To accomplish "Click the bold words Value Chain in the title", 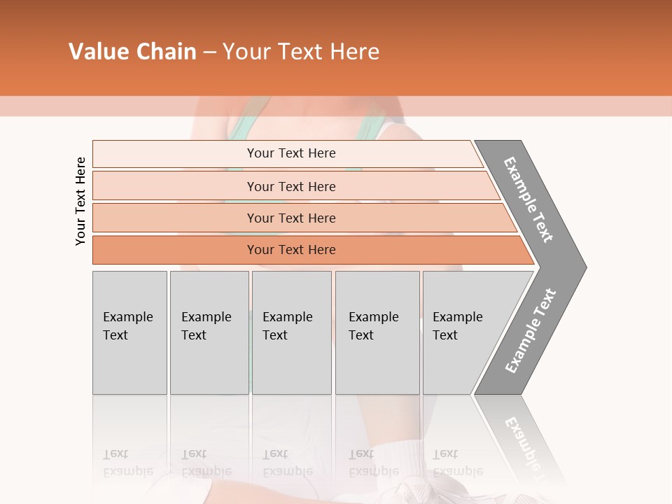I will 132,51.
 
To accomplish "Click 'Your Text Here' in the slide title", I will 301,51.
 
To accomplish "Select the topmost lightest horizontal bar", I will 290,153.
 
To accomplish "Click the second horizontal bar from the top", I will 290,186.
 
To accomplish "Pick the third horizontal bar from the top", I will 290,218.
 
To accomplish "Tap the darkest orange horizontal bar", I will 290,250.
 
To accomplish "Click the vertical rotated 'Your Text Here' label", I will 80,201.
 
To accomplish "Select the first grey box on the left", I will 129,332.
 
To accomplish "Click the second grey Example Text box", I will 209,332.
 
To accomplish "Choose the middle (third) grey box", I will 291,332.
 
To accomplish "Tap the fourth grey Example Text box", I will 377,332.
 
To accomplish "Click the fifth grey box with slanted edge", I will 462,332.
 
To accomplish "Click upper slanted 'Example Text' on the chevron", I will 528,199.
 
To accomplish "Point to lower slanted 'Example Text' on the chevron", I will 530,330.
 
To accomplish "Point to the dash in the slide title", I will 209,52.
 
